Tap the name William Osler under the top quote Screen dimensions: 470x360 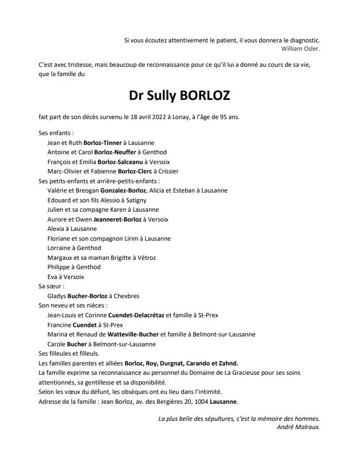click(301, 49)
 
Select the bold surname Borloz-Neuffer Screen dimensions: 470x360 click(114, 152)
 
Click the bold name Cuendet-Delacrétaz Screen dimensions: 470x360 click(136, 315)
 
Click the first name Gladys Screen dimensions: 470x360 click(56, 296)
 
